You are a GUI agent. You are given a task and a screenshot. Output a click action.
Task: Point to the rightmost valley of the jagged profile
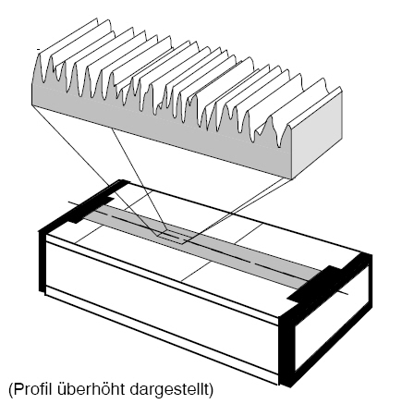pyautogui.click(x=279, y=146)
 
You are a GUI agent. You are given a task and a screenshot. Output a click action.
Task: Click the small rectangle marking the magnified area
pyautogui.click(x=172, y=237)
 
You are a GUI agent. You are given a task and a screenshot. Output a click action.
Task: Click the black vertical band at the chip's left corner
pyautogui.click(x=42, y=262)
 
